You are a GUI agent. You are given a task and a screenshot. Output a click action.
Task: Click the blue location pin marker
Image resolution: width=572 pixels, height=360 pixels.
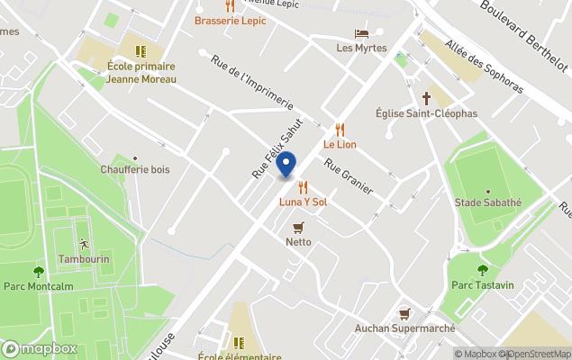point(286,165)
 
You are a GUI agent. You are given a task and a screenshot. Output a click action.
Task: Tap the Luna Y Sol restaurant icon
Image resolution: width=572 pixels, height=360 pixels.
point(303,187)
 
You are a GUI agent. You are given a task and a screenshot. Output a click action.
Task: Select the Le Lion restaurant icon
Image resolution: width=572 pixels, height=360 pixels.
point(340,130)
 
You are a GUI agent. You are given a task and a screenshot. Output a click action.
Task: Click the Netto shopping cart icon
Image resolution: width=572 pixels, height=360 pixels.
point(298,228)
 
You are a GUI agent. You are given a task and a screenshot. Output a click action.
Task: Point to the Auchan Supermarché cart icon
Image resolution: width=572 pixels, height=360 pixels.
point(404,314)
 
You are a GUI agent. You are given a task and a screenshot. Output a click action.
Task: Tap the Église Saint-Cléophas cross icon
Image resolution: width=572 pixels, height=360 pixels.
point(426,98)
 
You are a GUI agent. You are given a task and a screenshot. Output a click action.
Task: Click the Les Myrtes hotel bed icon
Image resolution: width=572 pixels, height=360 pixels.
point(361,33)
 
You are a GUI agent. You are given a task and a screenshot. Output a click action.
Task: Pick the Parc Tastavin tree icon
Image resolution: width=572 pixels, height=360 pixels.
point(483,269)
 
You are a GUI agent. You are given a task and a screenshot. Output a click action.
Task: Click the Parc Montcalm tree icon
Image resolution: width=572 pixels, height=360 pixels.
point(38,271)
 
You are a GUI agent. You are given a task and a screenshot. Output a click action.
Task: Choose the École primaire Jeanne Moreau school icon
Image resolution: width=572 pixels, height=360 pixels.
point(140,51)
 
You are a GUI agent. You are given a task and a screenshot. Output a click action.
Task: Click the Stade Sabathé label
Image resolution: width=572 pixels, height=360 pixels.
point(488,202)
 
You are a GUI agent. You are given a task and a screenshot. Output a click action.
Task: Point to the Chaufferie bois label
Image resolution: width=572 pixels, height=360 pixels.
point(135,169)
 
